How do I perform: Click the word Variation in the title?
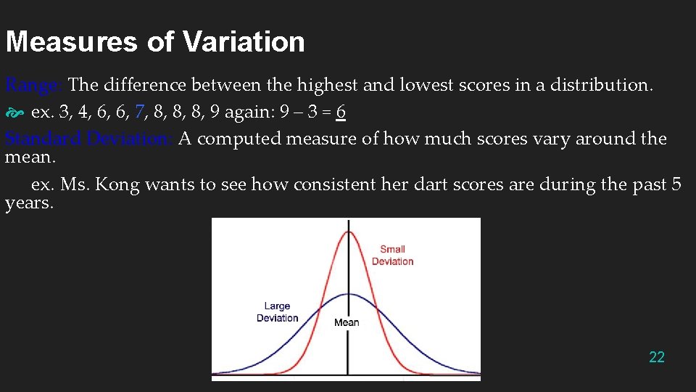click(244, 41)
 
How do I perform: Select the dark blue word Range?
click(33, 86)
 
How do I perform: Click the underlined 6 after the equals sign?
click(341, 113)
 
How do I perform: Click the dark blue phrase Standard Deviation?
click(88, 139)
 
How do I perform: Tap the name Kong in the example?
click(117, 184)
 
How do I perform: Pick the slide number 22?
click(657, 356)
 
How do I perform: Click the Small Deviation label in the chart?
click(392, 255)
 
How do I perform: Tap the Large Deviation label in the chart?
click(277, 312)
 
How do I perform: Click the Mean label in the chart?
click(347, 322)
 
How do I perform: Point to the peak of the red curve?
click(347, 231)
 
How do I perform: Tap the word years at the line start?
click(28, 203)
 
